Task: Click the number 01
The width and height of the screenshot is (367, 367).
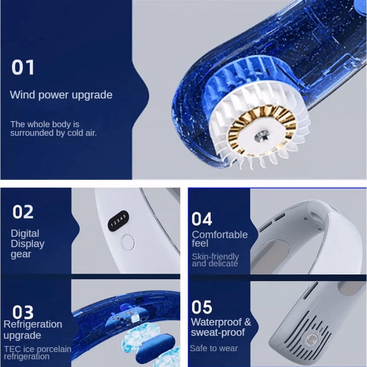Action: coord(23,67)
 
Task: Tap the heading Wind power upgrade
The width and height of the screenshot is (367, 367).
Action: coord(61,95)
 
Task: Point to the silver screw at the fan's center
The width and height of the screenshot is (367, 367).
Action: coord(262,136)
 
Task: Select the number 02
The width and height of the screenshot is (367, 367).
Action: coord(23,212)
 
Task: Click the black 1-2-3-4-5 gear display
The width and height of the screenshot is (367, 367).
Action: coord(118,221)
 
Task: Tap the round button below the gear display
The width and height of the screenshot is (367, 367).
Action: coord(128,242)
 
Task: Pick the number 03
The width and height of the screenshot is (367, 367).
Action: coord(23,312)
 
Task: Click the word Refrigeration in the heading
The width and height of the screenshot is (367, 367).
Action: coord(33,324)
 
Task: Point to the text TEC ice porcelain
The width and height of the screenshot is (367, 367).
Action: coord(38,349)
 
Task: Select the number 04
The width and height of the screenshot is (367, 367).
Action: coord(202,219)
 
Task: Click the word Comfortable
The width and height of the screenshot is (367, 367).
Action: coord(220,234)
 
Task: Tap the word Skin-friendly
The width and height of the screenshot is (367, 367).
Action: coord(215,256)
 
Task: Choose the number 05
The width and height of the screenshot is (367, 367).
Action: coord(202,307)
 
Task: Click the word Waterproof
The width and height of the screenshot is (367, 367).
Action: coord(217,322)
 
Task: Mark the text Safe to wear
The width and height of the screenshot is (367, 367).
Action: coord(214,348)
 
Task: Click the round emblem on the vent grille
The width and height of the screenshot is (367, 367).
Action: coord(311,339)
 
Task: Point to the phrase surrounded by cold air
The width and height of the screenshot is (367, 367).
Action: coord(54,133)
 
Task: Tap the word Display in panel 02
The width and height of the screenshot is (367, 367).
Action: coord(28,244)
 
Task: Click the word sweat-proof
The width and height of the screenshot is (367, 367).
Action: coord(218,332)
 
